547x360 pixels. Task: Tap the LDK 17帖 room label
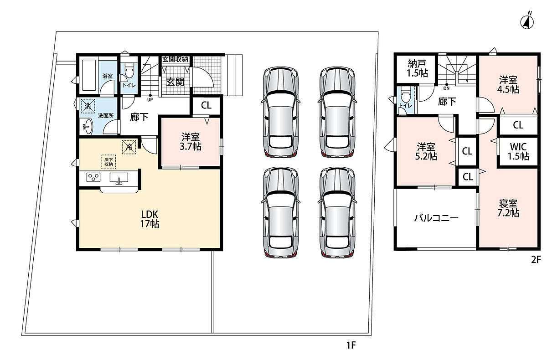[150, 219]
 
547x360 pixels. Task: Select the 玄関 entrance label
[175, 82]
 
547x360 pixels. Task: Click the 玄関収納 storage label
[175, 59]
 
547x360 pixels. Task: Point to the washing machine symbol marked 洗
[88, 106]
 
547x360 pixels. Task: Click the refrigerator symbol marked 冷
[129, 147]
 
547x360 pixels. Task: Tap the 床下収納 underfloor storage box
[108, 162]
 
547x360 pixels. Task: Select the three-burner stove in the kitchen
[93, 177]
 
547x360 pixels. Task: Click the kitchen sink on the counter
[119, 178]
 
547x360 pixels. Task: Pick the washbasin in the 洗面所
[88, 126]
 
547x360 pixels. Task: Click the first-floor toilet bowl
[129, 70]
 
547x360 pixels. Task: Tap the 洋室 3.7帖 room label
[191, 142]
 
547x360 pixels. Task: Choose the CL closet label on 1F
[206, 105]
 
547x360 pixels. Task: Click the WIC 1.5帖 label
[518, 151]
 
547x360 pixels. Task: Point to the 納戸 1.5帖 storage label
[417, 69]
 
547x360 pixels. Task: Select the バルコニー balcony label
[436, 218]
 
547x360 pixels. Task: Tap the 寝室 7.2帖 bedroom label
[508, 208]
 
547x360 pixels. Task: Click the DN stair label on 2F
[446, 88]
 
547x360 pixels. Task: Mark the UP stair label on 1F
[150, 100]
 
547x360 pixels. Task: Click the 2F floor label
[536, 259]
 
